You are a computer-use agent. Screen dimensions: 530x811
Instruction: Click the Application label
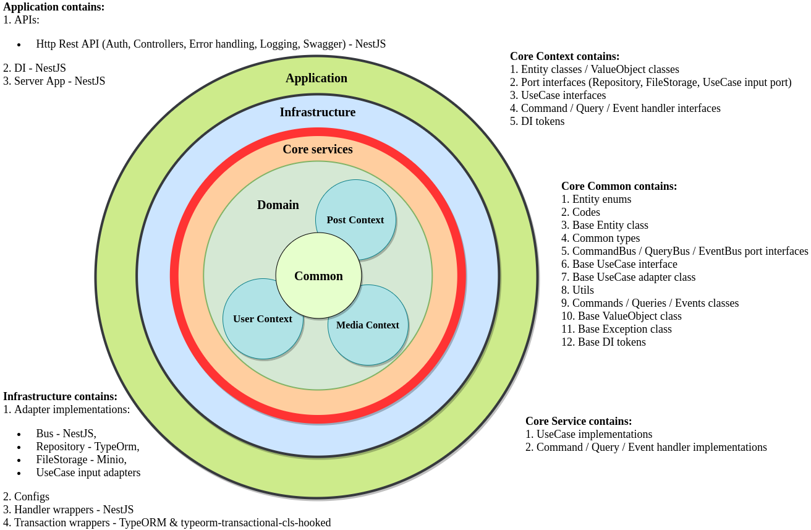316,79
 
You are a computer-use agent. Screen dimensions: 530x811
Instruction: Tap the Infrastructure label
317,113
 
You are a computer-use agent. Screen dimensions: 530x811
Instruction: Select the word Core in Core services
295,150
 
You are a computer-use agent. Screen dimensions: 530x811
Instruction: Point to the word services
331,150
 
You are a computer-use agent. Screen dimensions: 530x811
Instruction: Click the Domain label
278,205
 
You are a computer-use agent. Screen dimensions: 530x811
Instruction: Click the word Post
337,220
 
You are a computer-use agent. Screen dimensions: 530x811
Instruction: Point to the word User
244,319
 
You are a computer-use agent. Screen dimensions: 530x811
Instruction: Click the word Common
318,276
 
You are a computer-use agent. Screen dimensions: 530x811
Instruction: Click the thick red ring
174,276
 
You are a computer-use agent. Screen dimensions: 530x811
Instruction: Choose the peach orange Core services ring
191,276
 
